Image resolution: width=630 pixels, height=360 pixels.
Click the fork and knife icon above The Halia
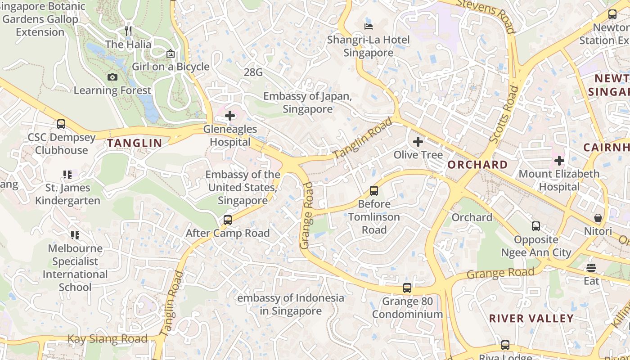tap(129, 31)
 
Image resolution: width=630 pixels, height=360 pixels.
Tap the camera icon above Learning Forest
tap(112, 77)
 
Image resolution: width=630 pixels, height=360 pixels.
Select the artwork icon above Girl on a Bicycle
tap(171, 54)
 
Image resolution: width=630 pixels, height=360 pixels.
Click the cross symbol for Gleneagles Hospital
tap(230, 116)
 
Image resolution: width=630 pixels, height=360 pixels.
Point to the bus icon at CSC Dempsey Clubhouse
tap(61, 124)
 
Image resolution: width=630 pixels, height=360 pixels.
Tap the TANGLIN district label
tap(135, 143)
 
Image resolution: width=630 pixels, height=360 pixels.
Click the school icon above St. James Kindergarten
tap(67, 174)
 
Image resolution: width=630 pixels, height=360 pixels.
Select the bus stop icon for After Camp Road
tap(228, 220)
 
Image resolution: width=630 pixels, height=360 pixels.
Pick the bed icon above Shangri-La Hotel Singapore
tap(368, 26)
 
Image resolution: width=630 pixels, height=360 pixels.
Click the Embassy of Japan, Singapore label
tap(308, 103)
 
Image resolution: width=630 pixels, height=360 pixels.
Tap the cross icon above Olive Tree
tap(418, 142)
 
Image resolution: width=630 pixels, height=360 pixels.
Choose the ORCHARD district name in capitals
tap(477, 165)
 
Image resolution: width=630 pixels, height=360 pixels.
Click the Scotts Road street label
tap(504, 115)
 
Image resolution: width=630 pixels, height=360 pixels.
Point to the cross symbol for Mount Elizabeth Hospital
tap(559, 160)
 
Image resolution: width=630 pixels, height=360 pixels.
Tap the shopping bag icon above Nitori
tap(598, 218)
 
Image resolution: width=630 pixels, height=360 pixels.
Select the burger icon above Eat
tap(591, 268)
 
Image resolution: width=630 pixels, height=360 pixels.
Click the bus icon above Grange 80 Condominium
tap(407, 288)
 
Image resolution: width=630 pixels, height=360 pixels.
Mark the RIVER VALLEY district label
tap(531, 319)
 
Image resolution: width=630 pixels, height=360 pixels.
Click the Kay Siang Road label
tap(108, 339)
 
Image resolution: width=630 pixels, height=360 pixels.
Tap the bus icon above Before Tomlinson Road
tap(374, 190)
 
